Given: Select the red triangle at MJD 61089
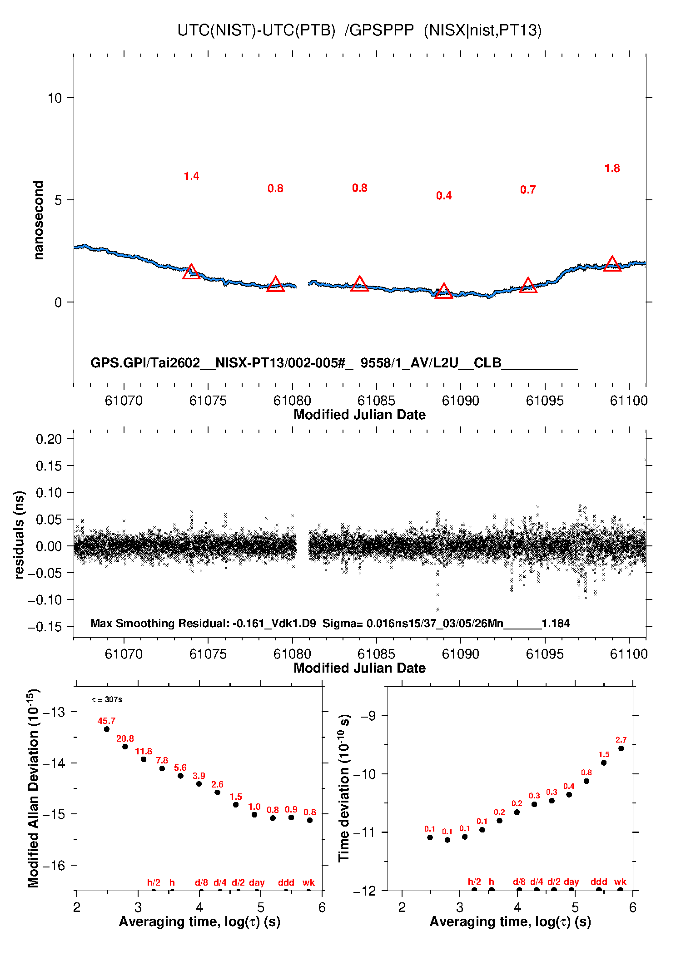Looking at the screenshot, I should point(443,292).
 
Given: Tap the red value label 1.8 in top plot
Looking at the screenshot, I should point(612,168).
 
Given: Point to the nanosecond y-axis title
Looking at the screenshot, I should point(39,220).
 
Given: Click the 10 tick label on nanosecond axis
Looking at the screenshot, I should point(55,98).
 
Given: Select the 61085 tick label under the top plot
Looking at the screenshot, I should point(376,401).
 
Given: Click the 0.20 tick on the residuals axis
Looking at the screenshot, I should point(49,439).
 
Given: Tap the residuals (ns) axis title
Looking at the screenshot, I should point(19,535).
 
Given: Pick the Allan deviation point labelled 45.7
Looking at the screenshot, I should point(107,729).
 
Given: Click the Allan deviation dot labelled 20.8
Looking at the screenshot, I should point(125,747).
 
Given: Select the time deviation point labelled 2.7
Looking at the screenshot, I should point(621,748).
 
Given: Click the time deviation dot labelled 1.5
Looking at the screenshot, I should point(604,763).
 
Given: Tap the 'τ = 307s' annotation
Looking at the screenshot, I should point(107,699).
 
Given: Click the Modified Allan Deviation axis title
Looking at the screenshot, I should point(33,788).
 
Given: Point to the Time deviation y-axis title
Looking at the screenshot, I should point(344,788).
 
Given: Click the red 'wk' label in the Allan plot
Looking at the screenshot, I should point(308,882).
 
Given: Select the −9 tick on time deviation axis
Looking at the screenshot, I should point(368,716).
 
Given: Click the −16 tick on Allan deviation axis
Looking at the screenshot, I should point(53,866).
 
